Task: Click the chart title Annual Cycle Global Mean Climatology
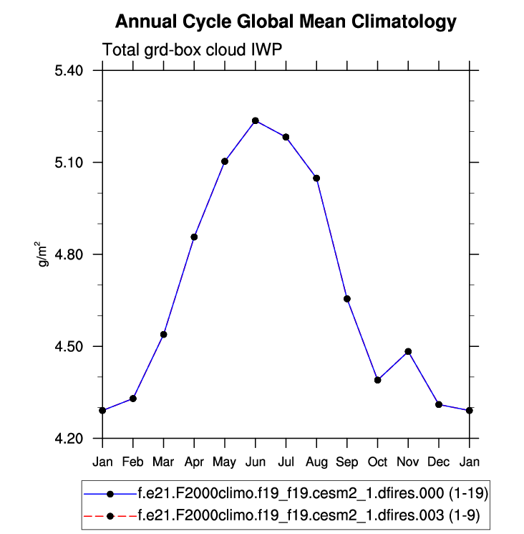[286, 22]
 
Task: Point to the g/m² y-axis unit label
[43, 254]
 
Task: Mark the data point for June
[256, 120]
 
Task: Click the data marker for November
[408, 351]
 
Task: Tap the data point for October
[377, 380]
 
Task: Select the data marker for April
[194, 237]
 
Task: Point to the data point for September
[347, 298]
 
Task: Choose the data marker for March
[164, 334]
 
